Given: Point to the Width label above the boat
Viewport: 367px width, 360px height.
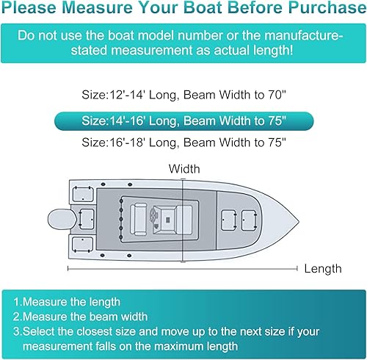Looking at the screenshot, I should (x=183, y=169).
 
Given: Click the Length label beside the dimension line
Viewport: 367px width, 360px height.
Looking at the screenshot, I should (x=322, y=269).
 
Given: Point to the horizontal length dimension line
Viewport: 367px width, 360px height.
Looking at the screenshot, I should (x=183, y=269).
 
